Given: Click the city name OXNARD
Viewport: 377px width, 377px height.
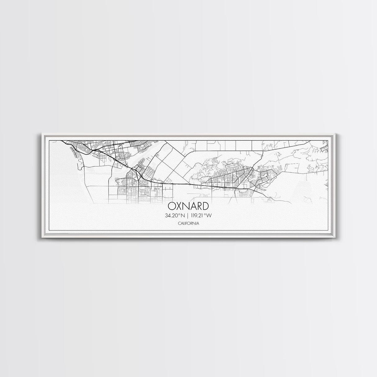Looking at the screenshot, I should [x=188, y=206].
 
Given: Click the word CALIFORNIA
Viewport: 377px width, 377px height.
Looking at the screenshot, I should [x=188, y=223].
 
